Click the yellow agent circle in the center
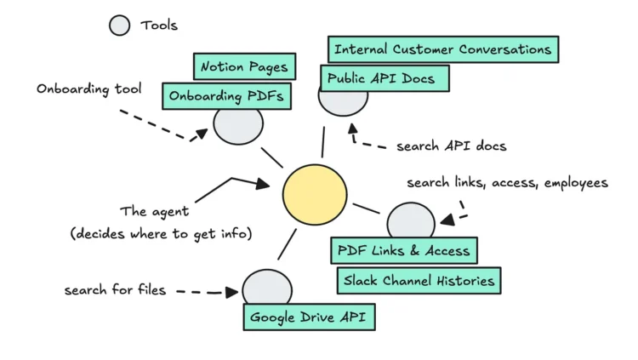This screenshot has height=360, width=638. [315, 194]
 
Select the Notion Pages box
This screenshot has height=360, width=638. [244, 66]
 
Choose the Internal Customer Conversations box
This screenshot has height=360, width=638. [442, 49]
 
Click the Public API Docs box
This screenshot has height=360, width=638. [384, 79]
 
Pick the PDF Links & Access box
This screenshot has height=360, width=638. [403, 251]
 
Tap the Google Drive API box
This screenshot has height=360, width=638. [309, 317]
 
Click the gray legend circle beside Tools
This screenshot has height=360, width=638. [120, 26]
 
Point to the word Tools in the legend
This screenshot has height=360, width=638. [159, 26]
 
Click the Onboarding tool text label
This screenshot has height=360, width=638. [89, 89]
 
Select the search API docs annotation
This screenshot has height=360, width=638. [451, 146]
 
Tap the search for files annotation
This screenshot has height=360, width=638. [115, 291]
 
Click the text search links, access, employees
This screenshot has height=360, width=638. [507, 183]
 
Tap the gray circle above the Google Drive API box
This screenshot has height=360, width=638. [266, 288]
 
